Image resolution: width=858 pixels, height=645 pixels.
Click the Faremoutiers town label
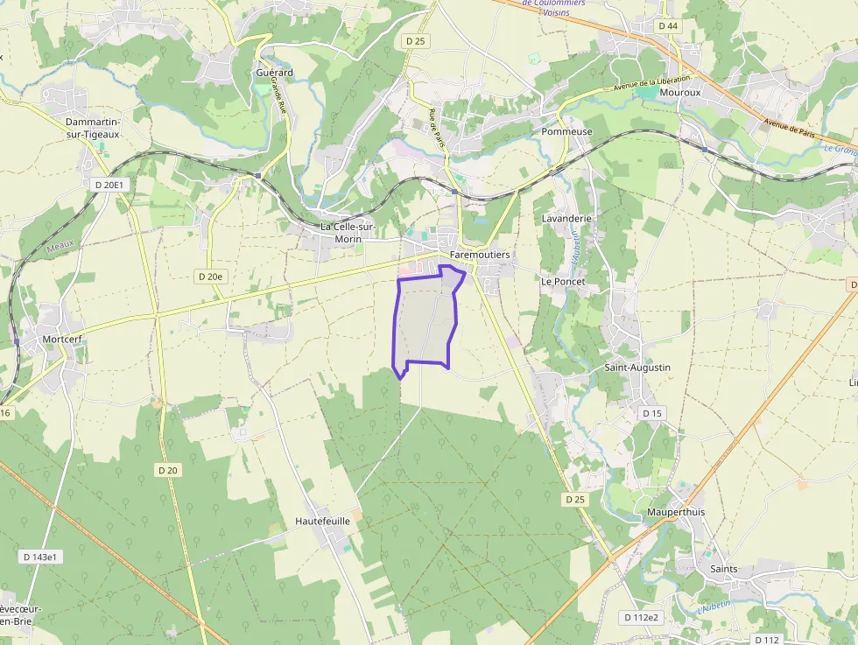tap(479, 255)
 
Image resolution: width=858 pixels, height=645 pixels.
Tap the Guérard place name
tap(274, 73)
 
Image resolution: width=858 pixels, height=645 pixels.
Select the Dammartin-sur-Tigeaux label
tap(93, 128)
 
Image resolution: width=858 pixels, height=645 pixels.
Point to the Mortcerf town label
tap(62, 339)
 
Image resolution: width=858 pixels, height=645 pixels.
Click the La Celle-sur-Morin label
tap(348, 232)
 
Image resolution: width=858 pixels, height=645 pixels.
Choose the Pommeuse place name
tap(567, 132)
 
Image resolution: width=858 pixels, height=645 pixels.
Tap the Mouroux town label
tap(681, 92)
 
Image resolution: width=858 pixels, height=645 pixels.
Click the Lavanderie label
tap(567, 218)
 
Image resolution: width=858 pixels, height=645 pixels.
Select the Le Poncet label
tap(562, 282)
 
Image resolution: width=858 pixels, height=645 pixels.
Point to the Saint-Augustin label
tap(637, 368)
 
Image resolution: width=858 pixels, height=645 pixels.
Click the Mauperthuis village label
tap(676, 512)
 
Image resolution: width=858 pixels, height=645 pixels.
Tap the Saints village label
tap(723, 569)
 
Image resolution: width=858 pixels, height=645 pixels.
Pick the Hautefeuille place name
tap(322, 521)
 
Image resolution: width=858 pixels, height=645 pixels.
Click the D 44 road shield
tap(668, 26)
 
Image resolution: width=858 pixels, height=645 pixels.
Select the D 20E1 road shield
tap(110, 185)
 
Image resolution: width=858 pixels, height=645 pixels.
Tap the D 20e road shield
tap(210, 277)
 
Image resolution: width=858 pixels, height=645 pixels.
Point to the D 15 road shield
tap(652, 413)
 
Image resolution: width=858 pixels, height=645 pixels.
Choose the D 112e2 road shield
tap(642, 617)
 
